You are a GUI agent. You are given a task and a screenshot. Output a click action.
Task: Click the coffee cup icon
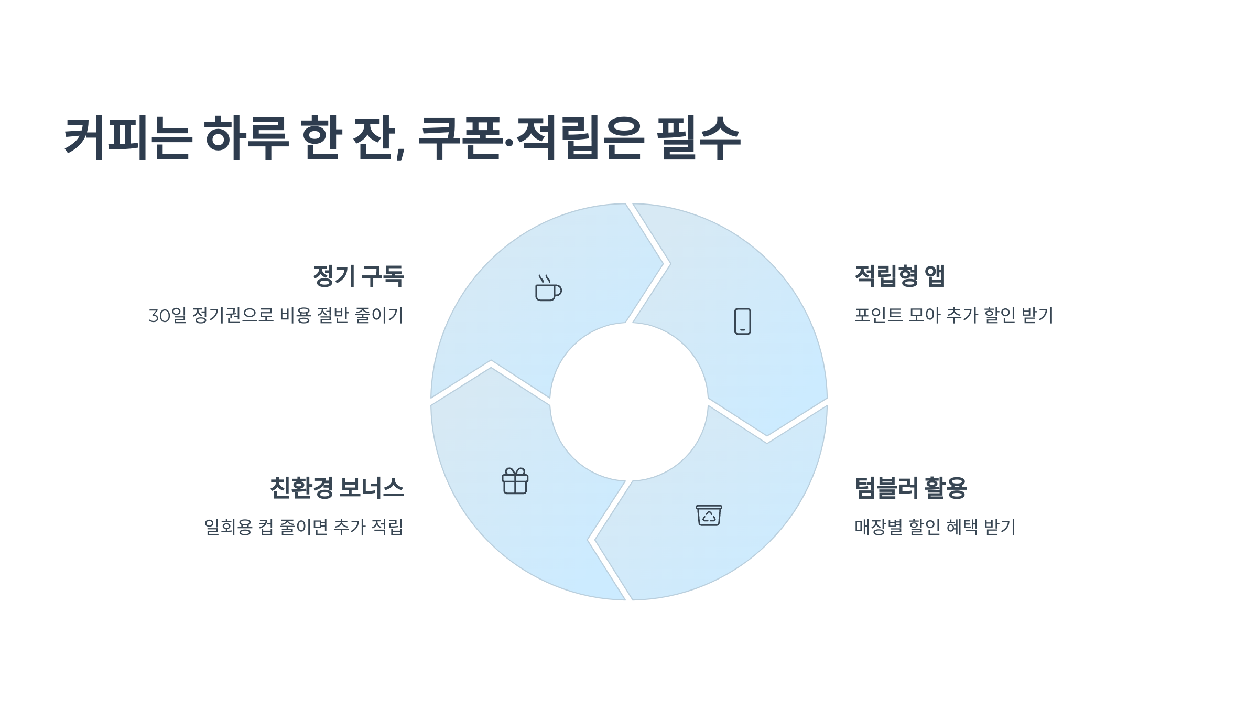(548, 288)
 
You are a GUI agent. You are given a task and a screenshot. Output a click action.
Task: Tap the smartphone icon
(742, 321)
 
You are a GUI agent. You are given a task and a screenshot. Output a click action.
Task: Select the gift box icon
(515, 481)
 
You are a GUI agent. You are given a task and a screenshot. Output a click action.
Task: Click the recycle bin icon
(709, 515)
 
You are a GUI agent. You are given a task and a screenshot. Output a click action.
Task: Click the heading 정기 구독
(358, 276)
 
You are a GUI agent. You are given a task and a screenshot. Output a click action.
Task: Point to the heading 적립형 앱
(899, 276)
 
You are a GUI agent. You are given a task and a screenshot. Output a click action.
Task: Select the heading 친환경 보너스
(337, 488)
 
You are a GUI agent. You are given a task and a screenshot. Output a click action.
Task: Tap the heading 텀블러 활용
(910, 488)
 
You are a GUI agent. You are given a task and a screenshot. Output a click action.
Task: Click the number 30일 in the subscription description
(167, 316)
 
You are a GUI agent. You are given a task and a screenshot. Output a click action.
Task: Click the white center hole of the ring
(629, 402)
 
